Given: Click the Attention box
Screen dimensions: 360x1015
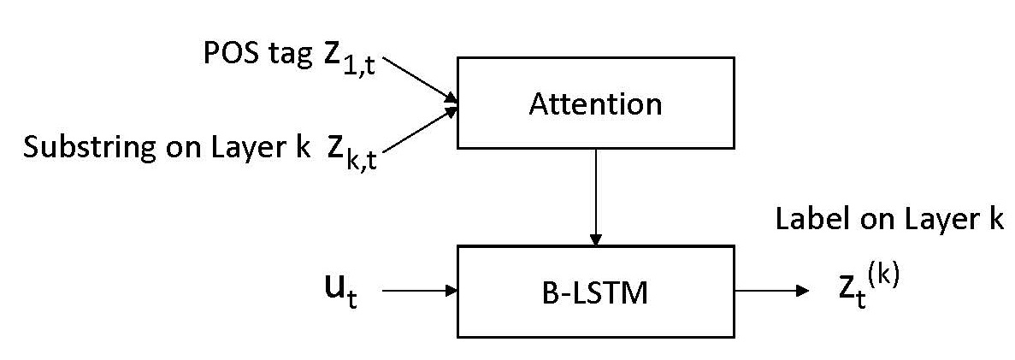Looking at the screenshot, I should pos(595,103).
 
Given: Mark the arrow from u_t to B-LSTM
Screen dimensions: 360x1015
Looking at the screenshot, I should pos(419,292).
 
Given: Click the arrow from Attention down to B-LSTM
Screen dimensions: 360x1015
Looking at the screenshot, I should pos(595,197).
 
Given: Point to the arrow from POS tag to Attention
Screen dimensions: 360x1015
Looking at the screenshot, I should pos(419,80).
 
